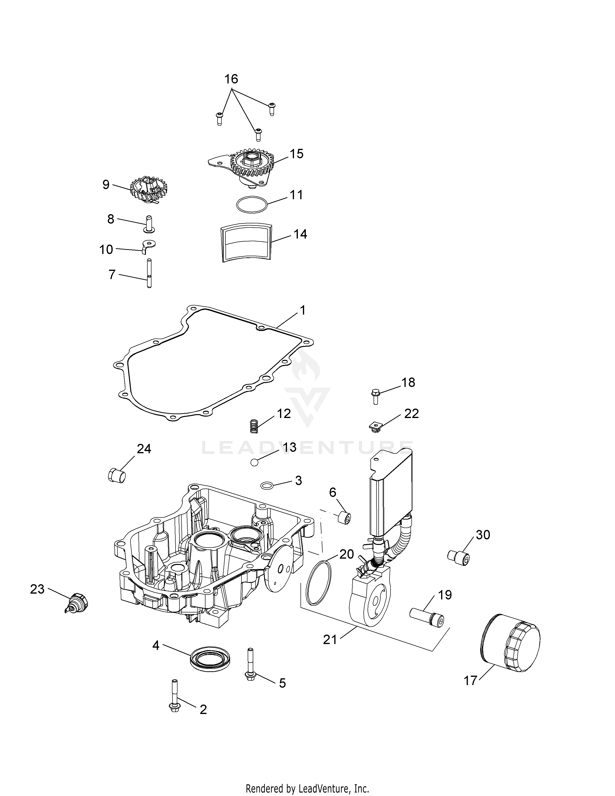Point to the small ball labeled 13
tap(254, 462)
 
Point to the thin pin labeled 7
tap(149, 273)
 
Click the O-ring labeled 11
tap(252, 204)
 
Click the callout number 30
tap(483, 535)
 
